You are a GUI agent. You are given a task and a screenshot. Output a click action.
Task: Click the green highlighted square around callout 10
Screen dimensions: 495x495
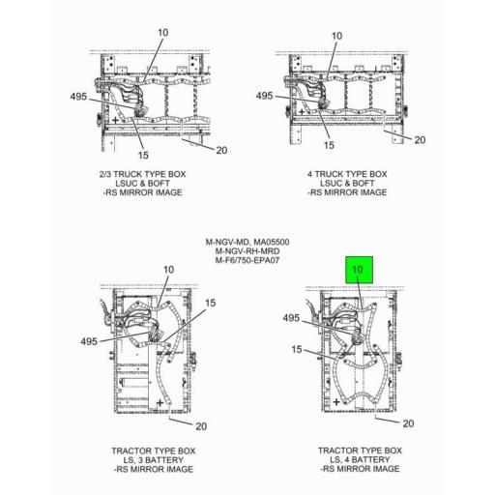coord(359,270)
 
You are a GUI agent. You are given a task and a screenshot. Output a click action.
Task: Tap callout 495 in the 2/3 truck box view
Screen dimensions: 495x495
coord(78,97)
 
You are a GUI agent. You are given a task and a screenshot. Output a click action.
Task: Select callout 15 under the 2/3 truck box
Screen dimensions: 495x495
coord(143,156)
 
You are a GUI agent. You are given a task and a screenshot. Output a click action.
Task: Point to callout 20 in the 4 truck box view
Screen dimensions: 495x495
coord(420,140)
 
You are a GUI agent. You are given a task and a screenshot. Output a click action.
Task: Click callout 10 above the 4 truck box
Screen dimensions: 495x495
coord(336,36)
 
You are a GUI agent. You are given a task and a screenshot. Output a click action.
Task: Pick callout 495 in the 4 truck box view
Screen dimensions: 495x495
coord(264,96)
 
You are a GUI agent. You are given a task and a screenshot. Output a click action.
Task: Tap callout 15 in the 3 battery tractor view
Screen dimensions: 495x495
coord(210,303)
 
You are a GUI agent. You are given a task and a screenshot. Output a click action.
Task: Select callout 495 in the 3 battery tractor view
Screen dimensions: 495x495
coord(89,341)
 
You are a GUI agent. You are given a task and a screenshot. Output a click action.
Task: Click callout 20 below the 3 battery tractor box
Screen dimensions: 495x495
coord(201,426)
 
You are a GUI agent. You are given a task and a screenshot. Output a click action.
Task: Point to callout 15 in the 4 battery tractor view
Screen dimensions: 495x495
coord(297,349)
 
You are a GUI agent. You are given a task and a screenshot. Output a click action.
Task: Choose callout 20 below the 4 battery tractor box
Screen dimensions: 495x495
coord(408,423)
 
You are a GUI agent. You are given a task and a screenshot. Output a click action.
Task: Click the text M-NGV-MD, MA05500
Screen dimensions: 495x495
coord(247,242)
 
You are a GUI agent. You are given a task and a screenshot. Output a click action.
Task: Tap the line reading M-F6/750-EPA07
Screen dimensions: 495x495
coord(247,260)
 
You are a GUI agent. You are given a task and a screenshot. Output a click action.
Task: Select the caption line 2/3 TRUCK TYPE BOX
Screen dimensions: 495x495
coord(142,174)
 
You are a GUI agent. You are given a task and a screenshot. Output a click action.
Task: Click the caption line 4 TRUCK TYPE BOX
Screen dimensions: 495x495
coord(347,174)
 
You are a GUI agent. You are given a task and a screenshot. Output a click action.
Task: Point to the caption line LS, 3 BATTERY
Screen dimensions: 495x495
coord(154,460)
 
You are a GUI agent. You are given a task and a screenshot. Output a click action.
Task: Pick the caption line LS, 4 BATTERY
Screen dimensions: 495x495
coord(360,459)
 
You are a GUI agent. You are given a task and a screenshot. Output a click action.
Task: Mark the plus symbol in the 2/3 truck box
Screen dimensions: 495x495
coord(115,121)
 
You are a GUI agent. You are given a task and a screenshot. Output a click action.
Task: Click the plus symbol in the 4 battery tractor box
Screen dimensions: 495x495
coord(336,402)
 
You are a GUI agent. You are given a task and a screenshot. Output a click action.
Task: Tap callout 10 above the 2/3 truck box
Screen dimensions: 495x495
coord(162,33)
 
